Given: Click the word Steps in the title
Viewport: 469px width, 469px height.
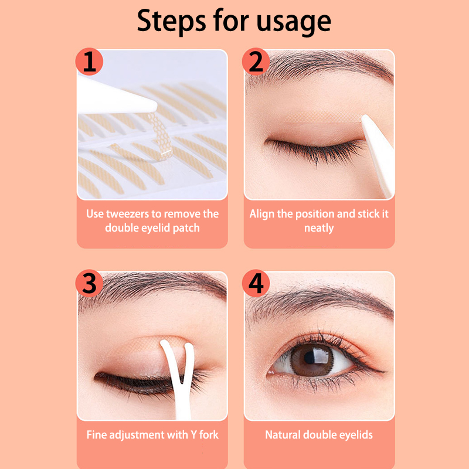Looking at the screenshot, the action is click(x=171, y=21).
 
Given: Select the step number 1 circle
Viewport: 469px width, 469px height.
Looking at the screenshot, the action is click(x=89, y=62).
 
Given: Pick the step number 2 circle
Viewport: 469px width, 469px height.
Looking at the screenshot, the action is click(x=256, y=62).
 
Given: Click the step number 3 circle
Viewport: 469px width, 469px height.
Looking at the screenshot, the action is click(x=89, y=283).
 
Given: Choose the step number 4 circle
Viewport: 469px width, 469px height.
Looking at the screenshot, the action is click(x=256, y=283).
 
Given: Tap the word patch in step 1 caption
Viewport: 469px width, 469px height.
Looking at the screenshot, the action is click(x=186, y=229).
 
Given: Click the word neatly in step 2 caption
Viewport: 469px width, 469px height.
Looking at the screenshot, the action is click(x=319, y=229).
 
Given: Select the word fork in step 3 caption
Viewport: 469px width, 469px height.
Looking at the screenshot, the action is click(x=209, y=434).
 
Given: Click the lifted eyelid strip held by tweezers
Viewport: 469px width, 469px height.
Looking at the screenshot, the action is click(x=162, y=135).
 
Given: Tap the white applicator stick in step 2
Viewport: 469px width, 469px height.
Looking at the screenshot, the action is click(x=378, y=155).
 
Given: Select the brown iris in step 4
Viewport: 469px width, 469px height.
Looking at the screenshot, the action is click(x=312, y=359).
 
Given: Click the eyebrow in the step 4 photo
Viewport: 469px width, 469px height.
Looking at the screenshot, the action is click(x=320, y=302).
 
